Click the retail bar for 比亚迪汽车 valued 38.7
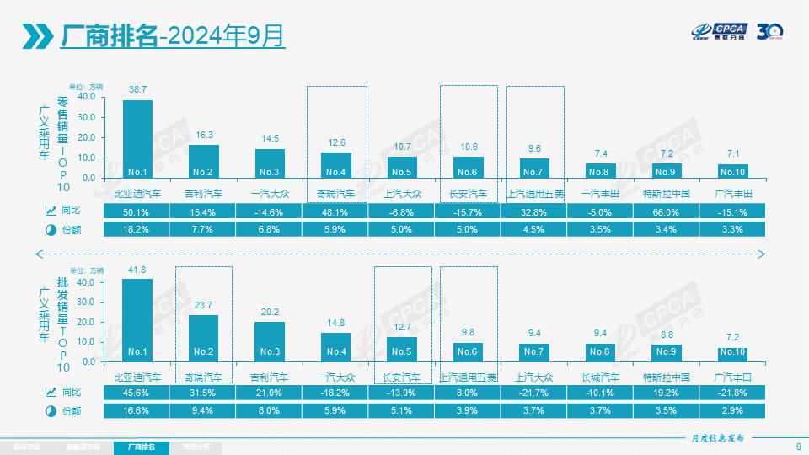pyautogui.click(x=137, y=139)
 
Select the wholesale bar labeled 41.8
pyautogui.click(x=137, y=319)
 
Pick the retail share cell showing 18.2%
pyautogui.click(x=137, y=229)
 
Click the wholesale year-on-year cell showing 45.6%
pyautogui.click(x=137, y=393)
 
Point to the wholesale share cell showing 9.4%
pyautogui.click(x=204, y=410)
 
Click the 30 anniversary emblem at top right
pyautogui.click(x=770, y=33)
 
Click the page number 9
pyautogui.click(x=798, y=447)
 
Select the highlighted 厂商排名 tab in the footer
pyautogui.click(x=142, y=447)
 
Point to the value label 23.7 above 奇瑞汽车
pyautogui.click(x=203, y=306)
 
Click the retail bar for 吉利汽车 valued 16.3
pyautogui.click(x=203, y=161)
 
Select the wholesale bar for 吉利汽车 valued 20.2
pyautogui.click(x=270, y=341)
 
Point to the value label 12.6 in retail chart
pyautogui.click(x=336, y=143)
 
